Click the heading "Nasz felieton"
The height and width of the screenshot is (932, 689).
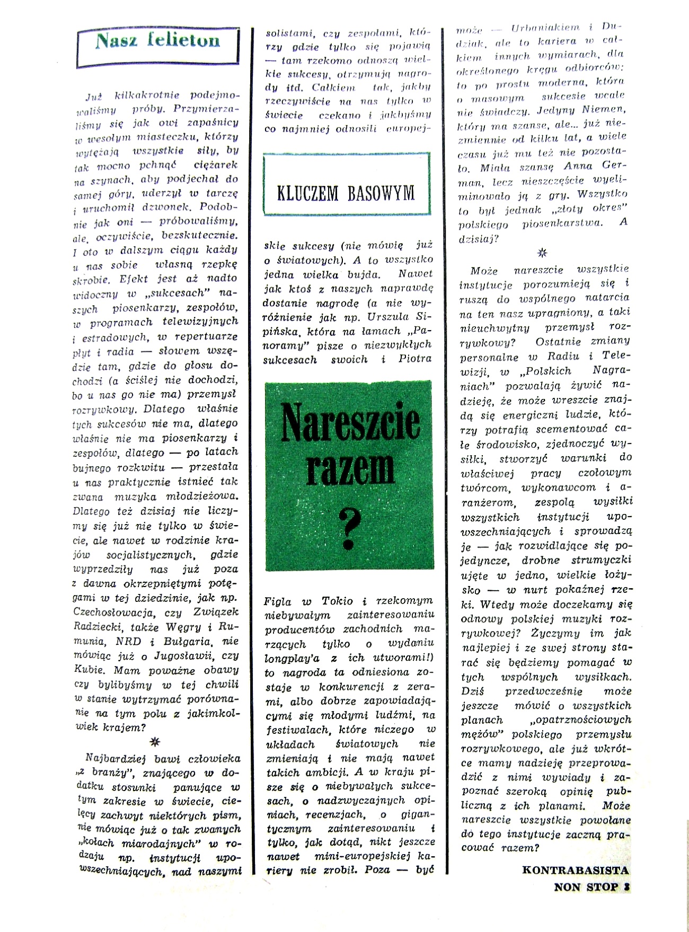click(157, 41)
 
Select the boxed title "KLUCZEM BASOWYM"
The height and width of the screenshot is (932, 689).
click(346, 194)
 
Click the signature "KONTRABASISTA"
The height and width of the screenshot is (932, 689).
click(576, 870)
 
